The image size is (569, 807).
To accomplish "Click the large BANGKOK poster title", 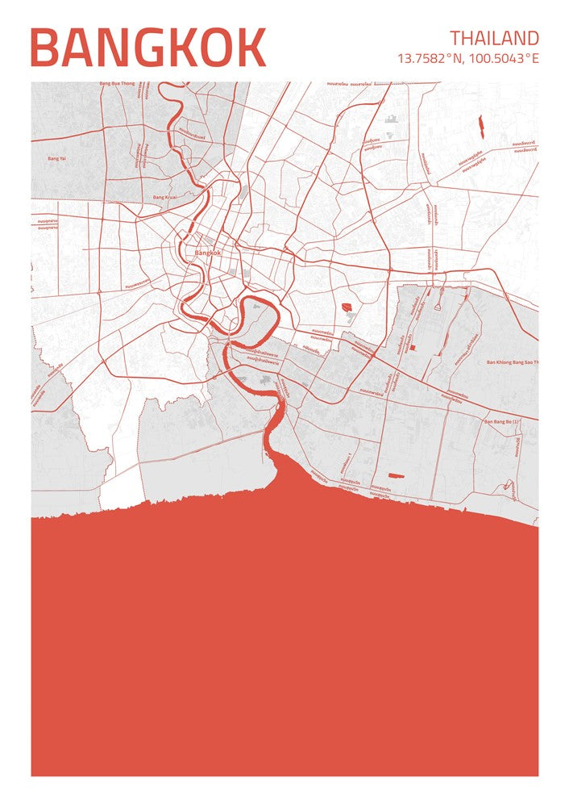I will point(147,48).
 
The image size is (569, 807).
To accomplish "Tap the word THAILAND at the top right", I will point(494,38).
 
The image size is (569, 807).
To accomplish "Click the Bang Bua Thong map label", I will point(116,83).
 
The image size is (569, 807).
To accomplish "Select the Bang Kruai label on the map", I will point(164,197).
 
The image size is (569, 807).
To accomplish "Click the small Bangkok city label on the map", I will point(208,253).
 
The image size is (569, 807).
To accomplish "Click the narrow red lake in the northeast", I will point(480,125).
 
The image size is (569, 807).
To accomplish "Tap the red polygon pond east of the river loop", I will point(347,307).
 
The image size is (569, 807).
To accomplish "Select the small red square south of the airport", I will point(412,347).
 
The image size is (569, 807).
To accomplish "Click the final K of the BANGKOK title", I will point(249,48).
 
